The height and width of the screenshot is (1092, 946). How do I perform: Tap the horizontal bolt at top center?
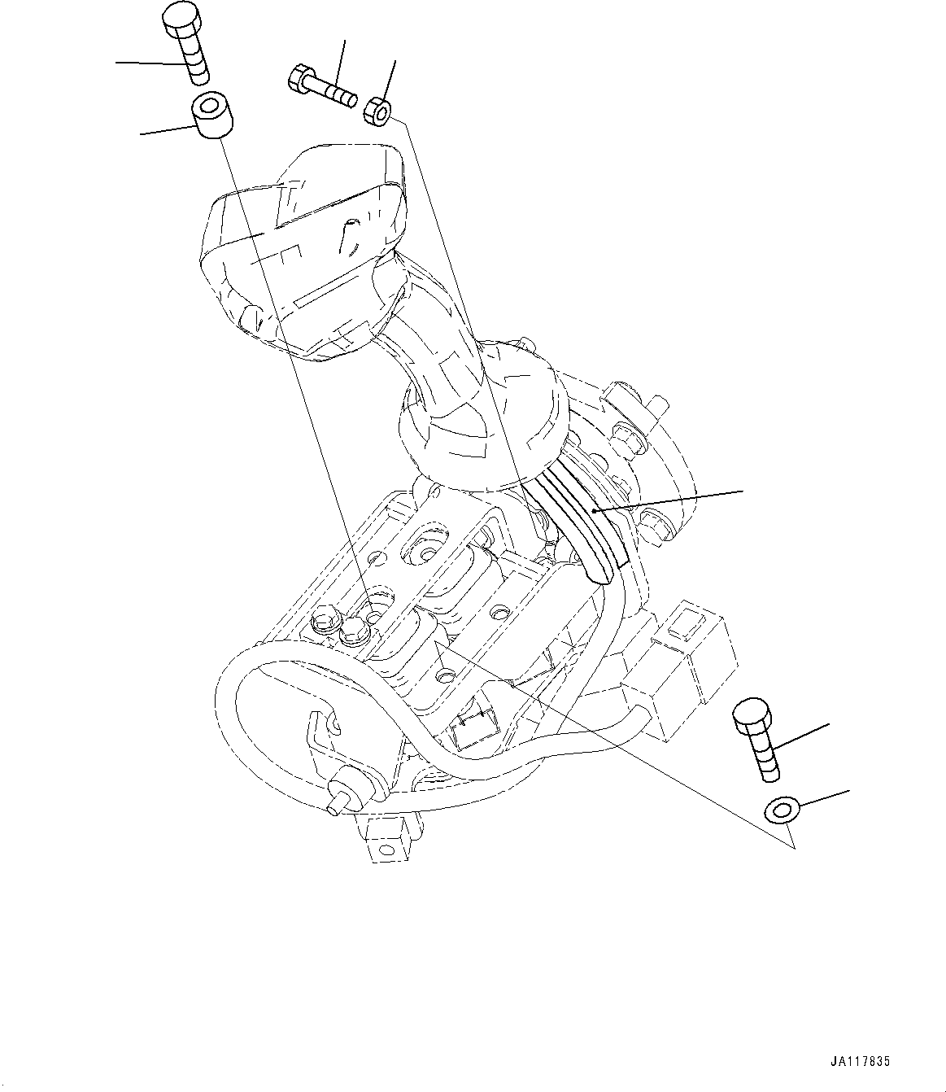tap(321, 85)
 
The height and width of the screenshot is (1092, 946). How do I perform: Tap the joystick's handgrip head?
tap(305, 244)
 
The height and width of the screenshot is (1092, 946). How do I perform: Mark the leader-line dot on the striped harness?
tap(595, 510)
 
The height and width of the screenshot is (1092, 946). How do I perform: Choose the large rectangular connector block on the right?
tap(687, 659)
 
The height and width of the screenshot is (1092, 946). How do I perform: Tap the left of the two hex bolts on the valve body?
tap(323, 624)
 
